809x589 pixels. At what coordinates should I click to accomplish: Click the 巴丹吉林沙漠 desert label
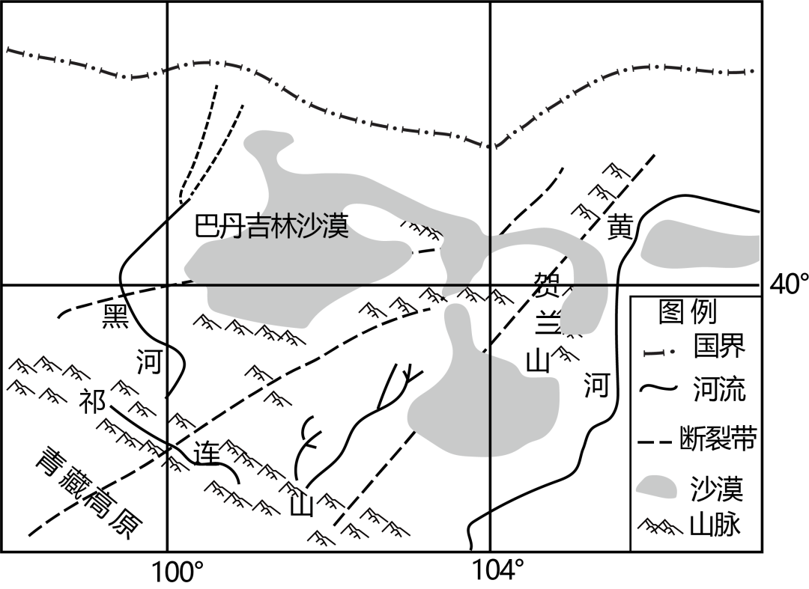[272, 225]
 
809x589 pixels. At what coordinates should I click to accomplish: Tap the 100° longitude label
[178, 573]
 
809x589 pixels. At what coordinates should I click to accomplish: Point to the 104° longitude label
[499, 571]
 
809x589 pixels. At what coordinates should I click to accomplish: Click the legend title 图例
[687, 311]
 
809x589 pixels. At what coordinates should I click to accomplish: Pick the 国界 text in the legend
[719, 347]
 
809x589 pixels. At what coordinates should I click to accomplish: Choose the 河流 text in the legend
[719, 389]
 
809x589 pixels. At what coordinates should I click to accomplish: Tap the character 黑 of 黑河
[117, 316]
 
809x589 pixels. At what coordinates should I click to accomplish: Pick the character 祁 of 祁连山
[93, 402]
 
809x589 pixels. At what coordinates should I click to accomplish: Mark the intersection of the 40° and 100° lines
[166, 285]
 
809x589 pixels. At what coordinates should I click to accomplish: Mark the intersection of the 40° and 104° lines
[491, 285]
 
